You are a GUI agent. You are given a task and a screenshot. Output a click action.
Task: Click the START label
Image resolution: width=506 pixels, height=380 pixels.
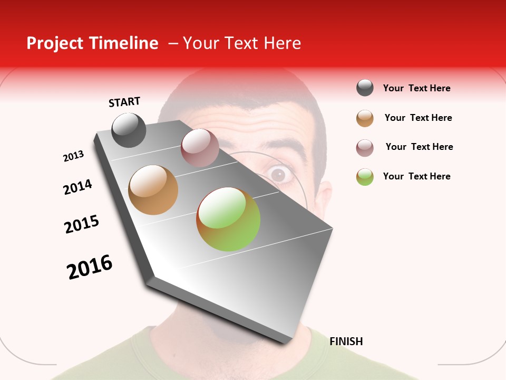[x=124, y=102]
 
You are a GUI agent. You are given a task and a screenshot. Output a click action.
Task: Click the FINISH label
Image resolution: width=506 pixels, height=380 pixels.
[x=346, y=341]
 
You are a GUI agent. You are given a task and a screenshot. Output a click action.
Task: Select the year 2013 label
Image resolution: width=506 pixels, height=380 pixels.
[x=73, y=156]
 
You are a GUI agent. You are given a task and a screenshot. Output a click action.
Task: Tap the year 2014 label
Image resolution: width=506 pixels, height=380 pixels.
[x=77, y=187]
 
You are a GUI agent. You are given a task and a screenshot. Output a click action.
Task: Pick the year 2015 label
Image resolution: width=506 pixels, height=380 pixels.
[x=82, y=224]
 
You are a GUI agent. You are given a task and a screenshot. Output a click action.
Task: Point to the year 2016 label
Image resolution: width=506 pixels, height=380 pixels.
[x=90, y=267]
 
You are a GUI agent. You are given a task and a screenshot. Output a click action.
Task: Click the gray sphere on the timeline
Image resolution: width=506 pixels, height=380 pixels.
[x=129, y=130]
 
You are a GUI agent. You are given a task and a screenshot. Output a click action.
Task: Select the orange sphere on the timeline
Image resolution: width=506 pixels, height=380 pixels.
[x=153, y=190]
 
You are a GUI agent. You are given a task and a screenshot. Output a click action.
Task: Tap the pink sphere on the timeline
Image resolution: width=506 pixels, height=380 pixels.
[x=200, y=147]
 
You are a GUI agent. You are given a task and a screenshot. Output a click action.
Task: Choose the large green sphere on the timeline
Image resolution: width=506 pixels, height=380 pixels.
[x=228, y=219]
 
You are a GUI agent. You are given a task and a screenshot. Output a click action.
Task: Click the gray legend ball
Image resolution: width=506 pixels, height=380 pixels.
[x=365, y=88]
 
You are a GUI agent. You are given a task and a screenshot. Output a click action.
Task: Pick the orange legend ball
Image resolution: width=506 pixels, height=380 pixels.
[x=365, y=118]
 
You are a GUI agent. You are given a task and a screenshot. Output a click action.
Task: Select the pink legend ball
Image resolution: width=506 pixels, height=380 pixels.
[x=365, y=148]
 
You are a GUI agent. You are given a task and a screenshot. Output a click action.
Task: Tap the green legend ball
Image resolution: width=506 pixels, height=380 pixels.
[x=365, y=177]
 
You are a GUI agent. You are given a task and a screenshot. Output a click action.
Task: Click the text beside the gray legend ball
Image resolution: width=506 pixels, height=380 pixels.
[x=416, y=88]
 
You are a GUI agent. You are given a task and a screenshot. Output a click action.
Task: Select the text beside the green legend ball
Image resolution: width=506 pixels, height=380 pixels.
[x=416, y=176]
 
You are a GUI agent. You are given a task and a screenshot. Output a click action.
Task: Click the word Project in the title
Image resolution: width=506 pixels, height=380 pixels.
[x=54, y=43]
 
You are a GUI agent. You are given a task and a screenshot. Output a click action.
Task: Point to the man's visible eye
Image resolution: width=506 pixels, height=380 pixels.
[x=279, y=174]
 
